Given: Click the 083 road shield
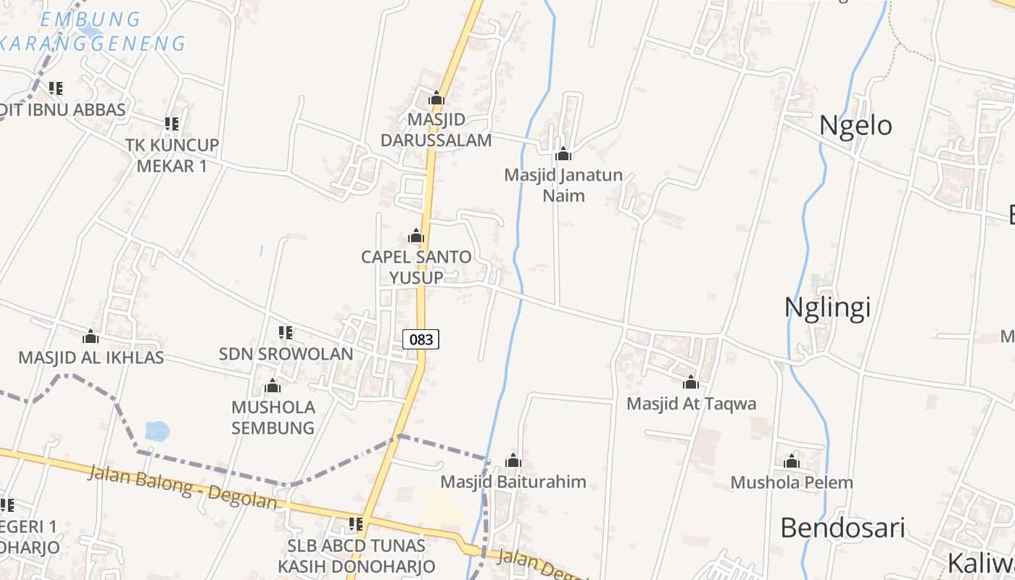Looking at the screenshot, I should [x=420, y=339].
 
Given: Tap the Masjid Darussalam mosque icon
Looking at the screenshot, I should [x=436, y=98].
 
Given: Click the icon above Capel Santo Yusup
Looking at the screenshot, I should [x=415, y=236].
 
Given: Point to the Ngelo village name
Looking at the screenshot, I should [x=855, y=125].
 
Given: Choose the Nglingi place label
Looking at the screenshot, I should [x=827, y=307].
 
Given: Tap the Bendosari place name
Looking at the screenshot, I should [x=842, y=528].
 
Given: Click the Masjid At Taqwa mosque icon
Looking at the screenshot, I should [x=690, y=382].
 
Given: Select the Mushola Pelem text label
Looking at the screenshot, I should [x=792, y=482].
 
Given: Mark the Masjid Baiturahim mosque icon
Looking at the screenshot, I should [x=513, y=460].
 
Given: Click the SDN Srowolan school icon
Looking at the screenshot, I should [x=286, y=333].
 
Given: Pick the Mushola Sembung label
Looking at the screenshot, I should [x=273, y=418].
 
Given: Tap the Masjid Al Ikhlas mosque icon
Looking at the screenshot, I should [x=91, y=336].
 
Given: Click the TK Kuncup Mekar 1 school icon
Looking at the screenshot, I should [x=172, y=124].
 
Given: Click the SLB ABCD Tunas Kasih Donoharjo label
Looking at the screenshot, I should [x=357, y=555].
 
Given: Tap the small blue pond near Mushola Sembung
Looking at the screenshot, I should [x=157, y=431].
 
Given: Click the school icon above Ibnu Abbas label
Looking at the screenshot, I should [x=55, y=88].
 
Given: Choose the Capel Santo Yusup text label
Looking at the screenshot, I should [x=416, y=267].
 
